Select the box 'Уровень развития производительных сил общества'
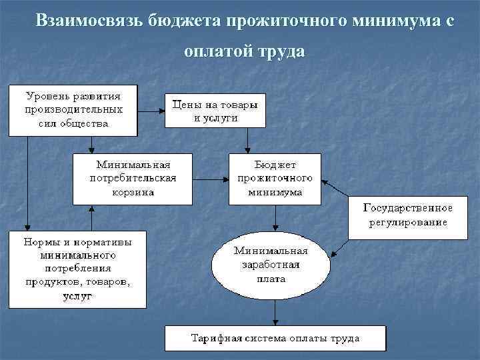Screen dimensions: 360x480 73,109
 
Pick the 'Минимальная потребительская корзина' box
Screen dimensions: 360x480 132,179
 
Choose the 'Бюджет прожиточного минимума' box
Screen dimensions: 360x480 275,179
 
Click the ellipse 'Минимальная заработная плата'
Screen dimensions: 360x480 270,265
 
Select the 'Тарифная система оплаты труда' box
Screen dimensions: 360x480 275,338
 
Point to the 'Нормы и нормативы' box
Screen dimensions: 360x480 77,269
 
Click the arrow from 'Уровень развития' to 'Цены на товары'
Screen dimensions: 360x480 151,109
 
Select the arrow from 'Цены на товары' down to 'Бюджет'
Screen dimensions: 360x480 248,140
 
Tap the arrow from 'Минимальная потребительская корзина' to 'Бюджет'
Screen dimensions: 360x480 211,179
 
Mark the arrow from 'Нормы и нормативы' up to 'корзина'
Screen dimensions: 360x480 91,217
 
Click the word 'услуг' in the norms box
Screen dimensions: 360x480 77,295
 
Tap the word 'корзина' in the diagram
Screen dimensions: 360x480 132,191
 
